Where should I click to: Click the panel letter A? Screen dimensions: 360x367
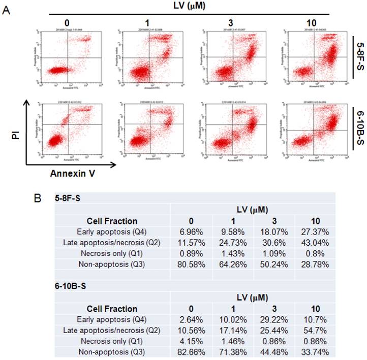pyautogui.click(x=7, y=10)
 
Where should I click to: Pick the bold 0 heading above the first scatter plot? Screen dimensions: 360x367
pyautogui.click(x=66, y=22)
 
